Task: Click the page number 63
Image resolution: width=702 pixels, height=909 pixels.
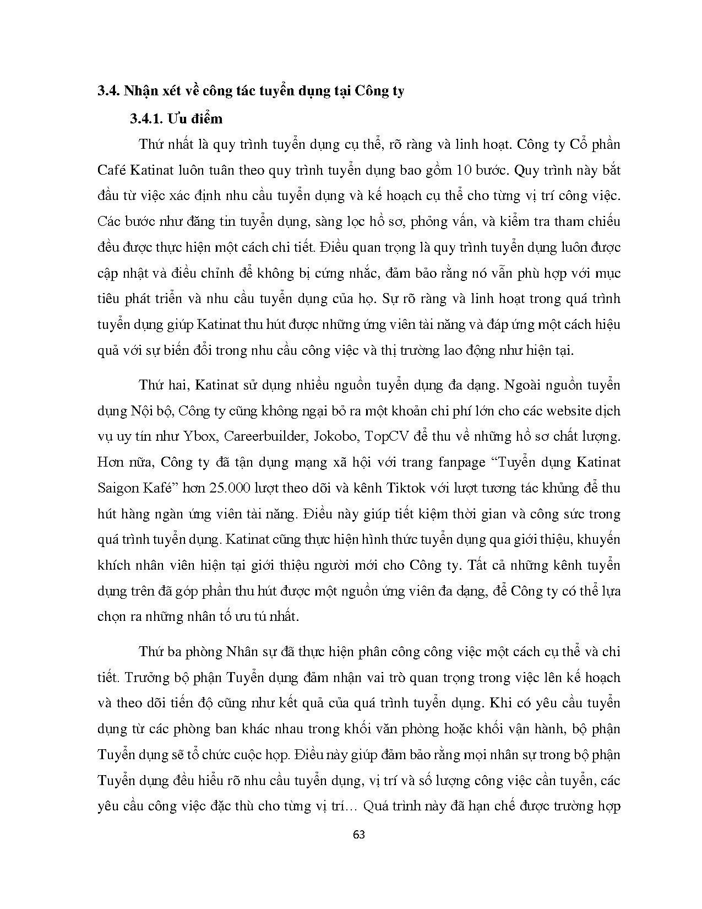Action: tap(358, 834)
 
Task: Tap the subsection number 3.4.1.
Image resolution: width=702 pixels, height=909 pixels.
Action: tap(146, 119)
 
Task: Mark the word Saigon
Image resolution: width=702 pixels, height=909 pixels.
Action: tap(117, 488)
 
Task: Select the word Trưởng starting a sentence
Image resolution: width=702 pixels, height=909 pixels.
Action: tap(144, 677)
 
